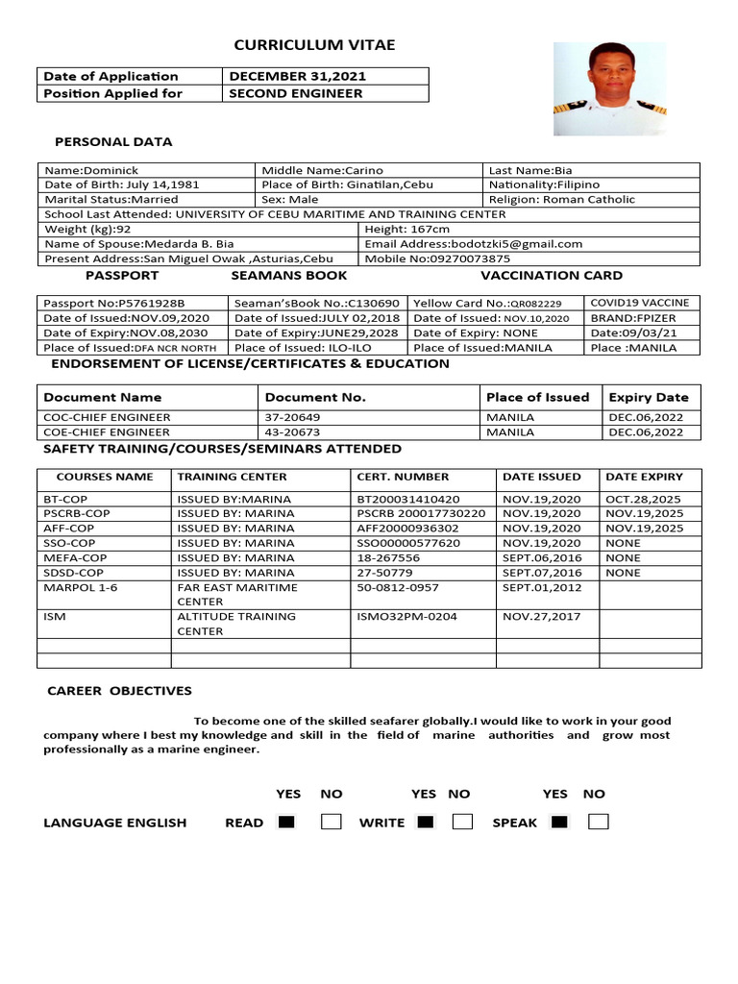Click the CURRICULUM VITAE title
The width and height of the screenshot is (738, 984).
click(315, 45)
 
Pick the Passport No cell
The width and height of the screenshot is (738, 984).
click(114, 304)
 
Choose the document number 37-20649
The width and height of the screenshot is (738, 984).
click(293, 417)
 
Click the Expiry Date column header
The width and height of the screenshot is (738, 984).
click(649, 397)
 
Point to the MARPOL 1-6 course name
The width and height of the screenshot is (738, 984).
click(81, 587)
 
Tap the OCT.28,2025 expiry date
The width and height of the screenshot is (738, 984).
click(644, 500)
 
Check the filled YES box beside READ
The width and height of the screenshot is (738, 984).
click(286, 822)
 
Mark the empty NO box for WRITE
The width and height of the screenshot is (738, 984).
click(462, 822)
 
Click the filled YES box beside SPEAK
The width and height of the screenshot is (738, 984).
click(559, 822)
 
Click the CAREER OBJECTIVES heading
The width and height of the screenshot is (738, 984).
click(120, 691)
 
